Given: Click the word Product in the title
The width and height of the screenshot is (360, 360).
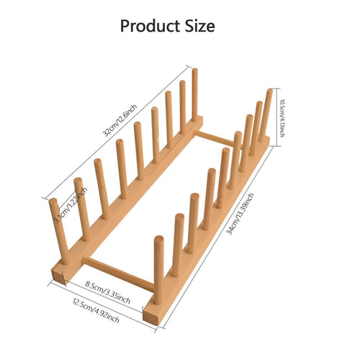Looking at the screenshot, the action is click(x=150, y=26).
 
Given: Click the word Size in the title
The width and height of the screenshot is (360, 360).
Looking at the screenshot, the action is click(x=199, y=26).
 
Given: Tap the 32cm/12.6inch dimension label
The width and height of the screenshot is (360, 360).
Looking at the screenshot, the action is click(x=120, y=120).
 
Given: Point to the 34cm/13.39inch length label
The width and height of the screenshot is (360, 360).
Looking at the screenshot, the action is click(x=240, y=214).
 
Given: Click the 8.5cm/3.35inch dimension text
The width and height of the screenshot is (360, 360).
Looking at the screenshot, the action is click(x=108, y=292).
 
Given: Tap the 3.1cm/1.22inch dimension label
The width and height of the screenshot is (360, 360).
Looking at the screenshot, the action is click(x=70, y=205).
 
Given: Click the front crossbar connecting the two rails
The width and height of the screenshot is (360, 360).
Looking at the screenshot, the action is click(x=118, y=274).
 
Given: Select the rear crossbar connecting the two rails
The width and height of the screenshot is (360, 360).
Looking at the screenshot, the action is click(x=215, y=138).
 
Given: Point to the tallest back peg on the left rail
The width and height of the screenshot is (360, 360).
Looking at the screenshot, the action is click(x=195, y=95).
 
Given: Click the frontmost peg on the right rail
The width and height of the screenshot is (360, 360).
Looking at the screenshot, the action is click(x=158, y=270).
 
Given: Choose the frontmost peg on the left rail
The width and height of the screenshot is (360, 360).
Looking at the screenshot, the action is click(x=59, y=231).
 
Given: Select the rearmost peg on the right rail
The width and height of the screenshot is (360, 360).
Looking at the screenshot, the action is click(x=266, y=115).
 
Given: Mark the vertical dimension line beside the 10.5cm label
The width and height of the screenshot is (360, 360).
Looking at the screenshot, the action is click(x=277, y=117).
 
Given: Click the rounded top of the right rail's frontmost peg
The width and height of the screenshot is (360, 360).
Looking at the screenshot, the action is click(x=159, y=240).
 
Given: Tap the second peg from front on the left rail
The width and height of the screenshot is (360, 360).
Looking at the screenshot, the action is click(x=82, y=210).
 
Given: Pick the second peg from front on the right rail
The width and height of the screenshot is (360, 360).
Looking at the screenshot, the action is click(x=178, y=246).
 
